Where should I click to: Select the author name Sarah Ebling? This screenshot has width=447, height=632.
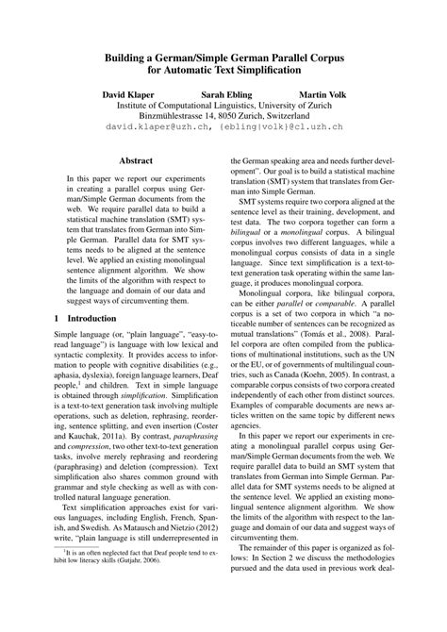[x=228, y=94]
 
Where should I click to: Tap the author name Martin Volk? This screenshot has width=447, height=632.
[x=324, y=94]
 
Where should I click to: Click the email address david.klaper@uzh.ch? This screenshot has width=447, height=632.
[x=152, y=125]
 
